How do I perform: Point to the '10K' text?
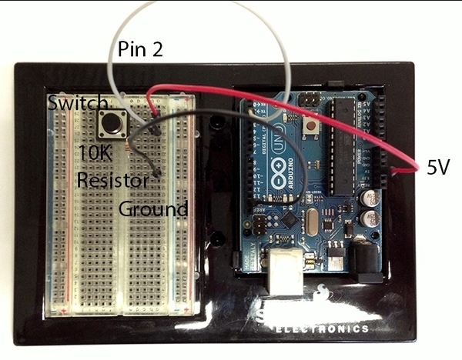tap(95, 153)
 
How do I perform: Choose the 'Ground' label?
tap(152, 208)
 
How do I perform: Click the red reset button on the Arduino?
tap(312, 124)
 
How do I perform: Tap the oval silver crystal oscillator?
tap(310, 225)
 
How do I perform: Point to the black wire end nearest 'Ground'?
tap(158, 174)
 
